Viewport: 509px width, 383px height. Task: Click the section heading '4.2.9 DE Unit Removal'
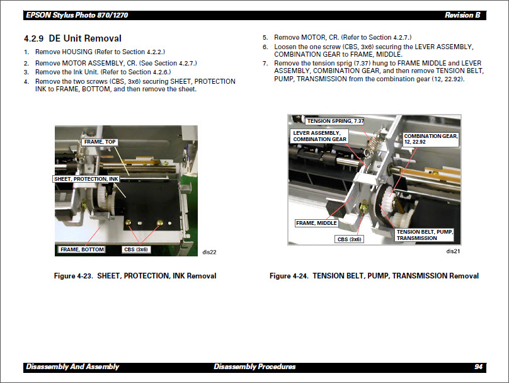pyautogui.click(x=72, y=38)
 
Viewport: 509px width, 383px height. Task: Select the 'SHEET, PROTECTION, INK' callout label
pyautogui.click(x=86, y=179)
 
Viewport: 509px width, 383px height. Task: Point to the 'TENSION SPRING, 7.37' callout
pyautogui.click(x=335, y=121)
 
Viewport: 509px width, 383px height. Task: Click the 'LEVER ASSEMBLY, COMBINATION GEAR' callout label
pyautogui.click(x=320, y=136)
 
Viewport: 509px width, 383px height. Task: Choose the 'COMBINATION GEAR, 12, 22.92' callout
pyautogui.click(x=431, y=139)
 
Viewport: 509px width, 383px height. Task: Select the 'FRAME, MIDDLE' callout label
pyautogui.click(x=316, y=223)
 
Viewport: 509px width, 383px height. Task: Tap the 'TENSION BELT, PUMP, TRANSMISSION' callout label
pyautogui.click(x=425, y=235)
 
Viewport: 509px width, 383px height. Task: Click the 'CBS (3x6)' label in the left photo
pyautogui.click(x=135, y=249)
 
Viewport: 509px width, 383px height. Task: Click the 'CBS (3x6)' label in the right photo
pyautogui.click(x=350, y=239)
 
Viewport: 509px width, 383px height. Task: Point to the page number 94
pyautogui.click(x=478, y=367)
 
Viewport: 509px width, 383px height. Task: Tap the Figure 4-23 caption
pyautogui.click(x=135, y=276)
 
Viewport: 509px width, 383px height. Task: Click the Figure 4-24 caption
pyautogui.click(x=374, y=276)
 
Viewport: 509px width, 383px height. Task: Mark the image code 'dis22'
pyautogui.click(x=209, y=252)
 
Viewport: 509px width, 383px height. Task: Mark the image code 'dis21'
pyautogui.click(x=452, y=251)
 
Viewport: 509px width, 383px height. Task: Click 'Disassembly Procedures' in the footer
pyautogui.click(x=254, y=367)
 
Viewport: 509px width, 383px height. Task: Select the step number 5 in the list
pyautogui.click(x=265, y=38)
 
